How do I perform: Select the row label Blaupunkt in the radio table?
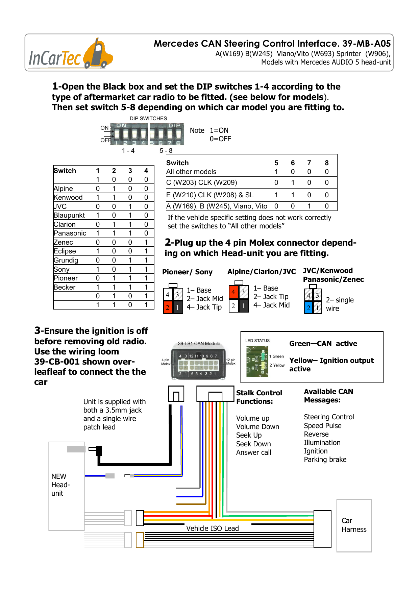tap(69, 215)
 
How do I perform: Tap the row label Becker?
tap(65, 287)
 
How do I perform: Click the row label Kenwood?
tap(68, 197)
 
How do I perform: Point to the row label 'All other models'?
tap(191, 172)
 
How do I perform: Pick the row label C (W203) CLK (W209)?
tap(201, 182)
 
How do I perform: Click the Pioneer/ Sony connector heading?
tap(187, 272)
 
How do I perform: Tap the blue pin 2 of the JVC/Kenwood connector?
tap(308, 308)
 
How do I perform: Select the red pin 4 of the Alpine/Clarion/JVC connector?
tap(233, 292)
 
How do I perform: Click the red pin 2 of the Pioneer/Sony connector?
tap(168, 307)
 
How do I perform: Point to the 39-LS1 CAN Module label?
tap(199, 344)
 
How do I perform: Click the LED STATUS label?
tap(257, 341)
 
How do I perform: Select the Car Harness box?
tap(354, 525)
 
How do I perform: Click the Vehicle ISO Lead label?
tap(212, 528)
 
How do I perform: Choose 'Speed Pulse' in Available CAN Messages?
tap(322, 426)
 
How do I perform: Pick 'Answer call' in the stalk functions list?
tap(253, 452)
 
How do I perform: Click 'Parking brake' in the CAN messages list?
tap(325, 460)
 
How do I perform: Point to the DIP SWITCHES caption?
tap(148, 119)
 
